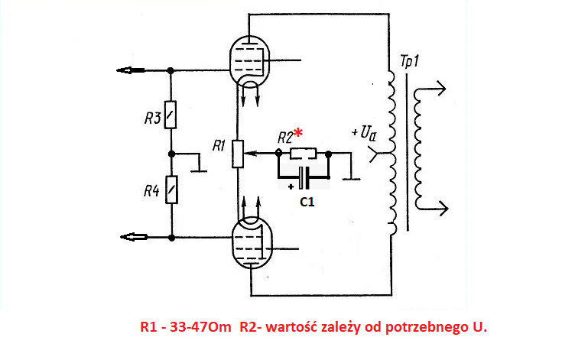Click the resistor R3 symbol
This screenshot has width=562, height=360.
click(x=171, y=115)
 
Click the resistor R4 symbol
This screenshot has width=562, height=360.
click(x=171, y=190)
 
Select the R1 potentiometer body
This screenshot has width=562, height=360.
click(x=238, y=154)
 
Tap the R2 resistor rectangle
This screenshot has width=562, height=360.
click(x=304, y=154)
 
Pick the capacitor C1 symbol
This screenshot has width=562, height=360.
click(x=304, y=177)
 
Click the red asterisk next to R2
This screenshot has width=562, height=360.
click(x=298, y=133)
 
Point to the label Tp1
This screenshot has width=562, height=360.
click(x=409, y=61)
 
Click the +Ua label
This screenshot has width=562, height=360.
click(x=364, y=132)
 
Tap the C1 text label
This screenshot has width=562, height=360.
click(x=307, y=202)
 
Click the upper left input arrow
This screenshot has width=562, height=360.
click(x=131, y=70)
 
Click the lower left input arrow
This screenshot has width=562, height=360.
click(x=134, y=237)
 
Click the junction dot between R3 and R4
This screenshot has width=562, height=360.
click(x=172, y=154)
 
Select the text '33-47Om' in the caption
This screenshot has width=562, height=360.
click(x=200, y=327)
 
